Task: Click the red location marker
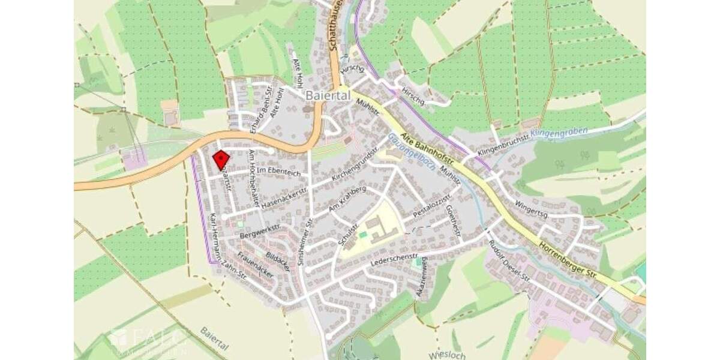click(x=221, y=159)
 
